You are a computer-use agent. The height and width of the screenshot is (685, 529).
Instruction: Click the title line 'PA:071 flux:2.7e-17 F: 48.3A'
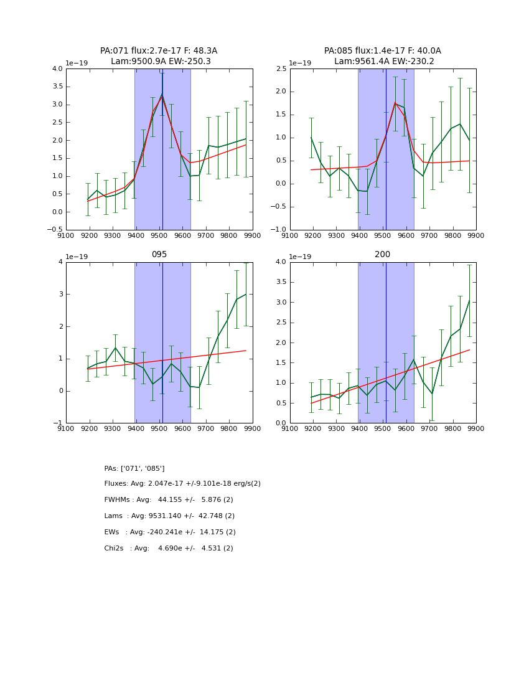[159, 51]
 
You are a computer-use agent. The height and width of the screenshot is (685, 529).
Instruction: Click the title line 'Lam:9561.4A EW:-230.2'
[384, 62]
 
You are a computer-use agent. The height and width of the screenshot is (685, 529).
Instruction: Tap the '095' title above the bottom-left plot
[159, 255]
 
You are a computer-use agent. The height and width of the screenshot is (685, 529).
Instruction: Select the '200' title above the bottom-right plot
[382, 255]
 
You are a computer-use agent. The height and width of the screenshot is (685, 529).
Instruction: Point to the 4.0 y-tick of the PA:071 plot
[57, 69]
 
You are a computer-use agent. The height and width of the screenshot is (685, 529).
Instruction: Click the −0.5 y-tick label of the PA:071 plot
[55, 230]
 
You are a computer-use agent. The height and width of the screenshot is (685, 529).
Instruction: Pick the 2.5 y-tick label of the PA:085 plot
[281, 69]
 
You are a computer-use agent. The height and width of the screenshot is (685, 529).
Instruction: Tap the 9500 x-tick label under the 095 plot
[159, 428]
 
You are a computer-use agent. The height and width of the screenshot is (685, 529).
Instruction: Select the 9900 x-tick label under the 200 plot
[475, 428]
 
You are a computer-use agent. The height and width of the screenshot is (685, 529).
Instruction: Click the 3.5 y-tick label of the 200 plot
[281, 282]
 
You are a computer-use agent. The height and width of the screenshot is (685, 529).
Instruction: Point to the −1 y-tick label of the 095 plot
[58, 423]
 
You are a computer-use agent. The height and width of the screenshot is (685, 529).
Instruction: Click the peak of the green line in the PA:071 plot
[162, 93]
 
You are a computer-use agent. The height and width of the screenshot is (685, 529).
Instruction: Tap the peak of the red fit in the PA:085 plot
[395, 103]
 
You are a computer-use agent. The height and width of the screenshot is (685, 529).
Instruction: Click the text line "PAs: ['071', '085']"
[134, 468]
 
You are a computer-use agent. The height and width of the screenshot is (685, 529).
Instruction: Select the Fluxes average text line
[182, 484]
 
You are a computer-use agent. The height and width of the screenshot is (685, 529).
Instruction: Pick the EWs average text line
[170, 532]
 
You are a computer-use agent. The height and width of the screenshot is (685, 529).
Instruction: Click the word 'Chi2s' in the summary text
[115, 549]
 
